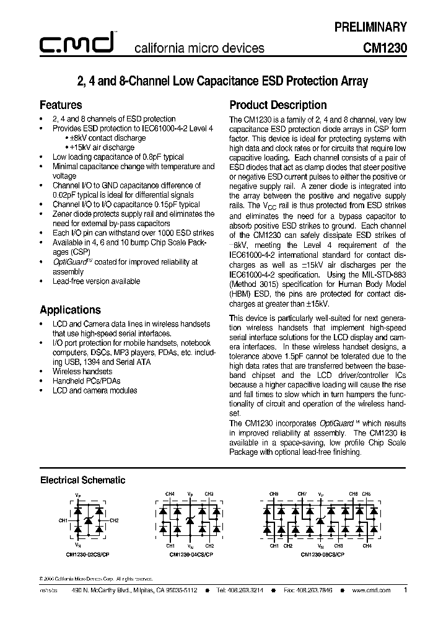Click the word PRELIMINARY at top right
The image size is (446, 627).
[x=370, y=27]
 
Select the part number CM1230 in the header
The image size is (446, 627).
[x=385, y=48]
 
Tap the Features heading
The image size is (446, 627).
[x=61, y=105]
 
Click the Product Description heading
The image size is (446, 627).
[x=278, y=105]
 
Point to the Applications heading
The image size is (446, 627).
[x=70, y=310]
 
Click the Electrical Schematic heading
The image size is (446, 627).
[x=82, y=480]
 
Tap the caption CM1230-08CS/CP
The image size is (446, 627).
[x=322, y=554]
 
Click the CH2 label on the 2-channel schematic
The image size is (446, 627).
[x=114, y=520]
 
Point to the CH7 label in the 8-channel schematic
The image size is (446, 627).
[x=302, y=494]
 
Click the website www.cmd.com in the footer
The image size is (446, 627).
[x=371, y=590]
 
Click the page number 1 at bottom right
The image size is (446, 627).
[x=405, y=590]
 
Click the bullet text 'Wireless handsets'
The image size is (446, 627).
[x=82, y=371]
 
